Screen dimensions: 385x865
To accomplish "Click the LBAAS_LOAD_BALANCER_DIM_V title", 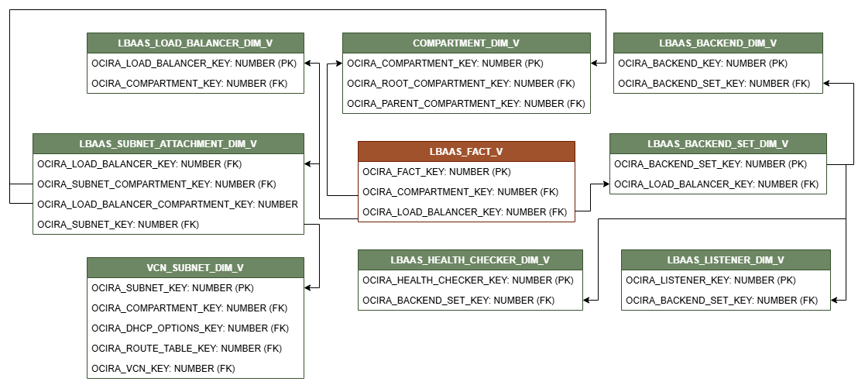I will tap(195, 43).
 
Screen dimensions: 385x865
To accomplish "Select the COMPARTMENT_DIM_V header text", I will tap(466, 43).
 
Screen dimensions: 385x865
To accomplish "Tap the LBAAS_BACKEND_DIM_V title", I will tap(718, 43).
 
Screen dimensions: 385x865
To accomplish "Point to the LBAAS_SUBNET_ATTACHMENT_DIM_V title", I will tap(168, 144).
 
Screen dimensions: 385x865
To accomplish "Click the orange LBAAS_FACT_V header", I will tap(466, 152).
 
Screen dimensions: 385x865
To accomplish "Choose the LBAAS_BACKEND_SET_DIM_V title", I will tap(718, 144).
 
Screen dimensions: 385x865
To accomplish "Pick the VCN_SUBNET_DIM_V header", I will tap(195, 268).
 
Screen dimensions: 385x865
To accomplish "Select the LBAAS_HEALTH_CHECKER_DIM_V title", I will tap(470, 260).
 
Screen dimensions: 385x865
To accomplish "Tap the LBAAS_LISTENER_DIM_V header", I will tap(726, 260).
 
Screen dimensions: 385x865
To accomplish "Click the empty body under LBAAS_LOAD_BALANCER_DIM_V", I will tap(195, 73).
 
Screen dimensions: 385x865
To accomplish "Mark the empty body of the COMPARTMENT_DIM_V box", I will tap(466, 83).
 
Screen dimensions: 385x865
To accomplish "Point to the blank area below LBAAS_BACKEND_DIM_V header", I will tap(718, 73).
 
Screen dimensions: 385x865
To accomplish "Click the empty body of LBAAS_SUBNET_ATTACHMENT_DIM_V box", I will tap(168, 194).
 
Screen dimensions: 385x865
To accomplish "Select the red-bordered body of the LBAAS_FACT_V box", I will tap(466, 191).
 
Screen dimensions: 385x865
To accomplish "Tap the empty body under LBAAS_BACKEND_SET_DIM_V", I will tap(718, 174).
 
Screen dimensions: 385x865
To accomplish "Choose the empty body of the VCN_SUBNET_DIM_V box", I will tap(195, 328).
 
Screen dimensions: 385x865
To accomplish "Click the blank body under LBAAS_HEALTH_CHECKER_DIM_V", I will tap(470, 290).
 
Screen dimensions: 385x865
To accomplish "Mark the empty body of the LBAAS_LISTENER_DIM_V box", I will tap(726, 290).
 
